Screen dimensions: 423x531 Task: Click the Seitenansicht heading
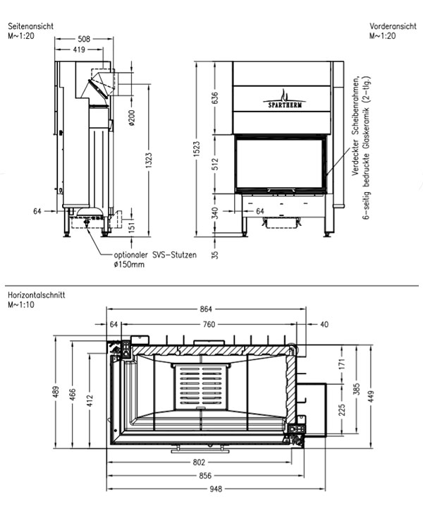click(x=31, y=26)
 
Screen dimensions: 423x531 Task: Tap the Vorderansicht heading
click(x=393, y=26)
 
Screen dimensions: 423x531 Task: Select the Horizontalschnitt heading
click(x=37, y=295)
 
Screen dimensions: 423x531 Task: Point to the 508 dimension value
click(x=84, y=39)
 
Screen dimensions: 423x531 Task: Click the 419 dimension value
click(x=79, y=49)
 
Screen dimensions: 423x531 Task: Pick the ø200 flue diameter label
click(x=132, y=118)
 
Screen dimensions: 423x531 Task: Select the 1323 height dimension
click(x=149, y=160)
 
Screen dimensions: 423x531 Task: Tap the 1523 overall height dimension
click(x=197, y=148)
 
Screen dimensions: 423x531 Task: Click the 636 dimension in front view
click(x=215, y=98)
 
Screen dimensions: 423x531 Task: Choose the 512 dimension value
click(x=215, y=164)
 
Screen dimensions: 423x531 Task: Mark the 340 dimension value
click(x=215, y=213)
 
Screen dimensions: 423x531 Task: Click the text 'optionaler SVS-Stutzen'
click(x=155, y=255)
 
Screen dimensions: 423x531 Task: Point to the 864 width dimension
click(x=206, y=309)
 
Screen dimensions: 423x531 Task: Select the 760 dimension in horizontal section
click(x=209, y=324)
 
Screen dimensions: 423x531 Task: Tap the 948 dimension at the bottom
click(x=216, y=489)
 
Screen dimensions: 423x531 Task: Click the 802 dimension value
click(x=199, y=463)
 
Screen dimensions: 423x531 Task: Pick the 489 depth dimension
click(x=56, y=392)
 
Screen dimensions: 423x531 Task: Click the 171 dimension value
click(x=342, y=364)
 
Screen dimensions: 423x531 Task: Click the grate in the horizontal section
click(x=202, y=386)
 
